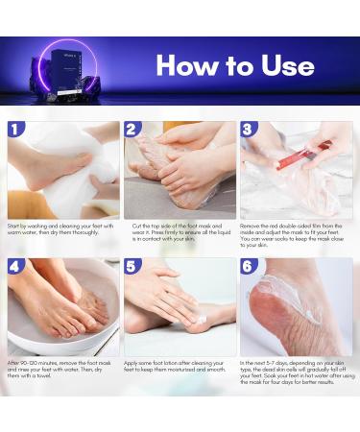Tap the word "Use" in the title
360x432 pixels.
pyautogui.click(x=285, y=65)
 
